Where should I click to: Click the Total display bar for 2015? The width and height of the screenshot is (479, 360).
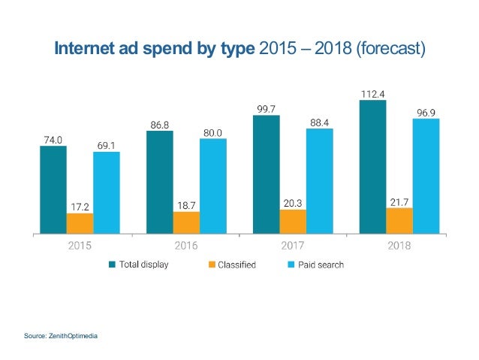tap(53, 189)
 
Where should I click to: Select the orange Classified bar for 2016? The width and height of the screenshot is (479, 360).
tap(186, 222)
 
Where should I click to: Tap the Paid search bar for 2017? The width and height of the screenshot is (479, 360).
tap(319, 180)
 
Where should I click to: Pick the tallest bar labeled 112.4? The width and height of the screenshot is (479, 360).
tap(372, 166)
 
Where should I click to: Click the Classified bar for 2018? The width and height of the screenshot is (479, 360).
tap(399, 220)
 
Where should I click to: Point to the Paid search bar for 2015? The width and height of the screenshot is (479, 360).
tap(107, 192)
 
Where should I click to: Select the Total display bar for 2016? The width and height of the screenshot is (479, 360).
tap(159, 181)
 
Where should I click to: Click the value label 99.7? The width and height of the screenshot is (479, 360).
tap(266, 109)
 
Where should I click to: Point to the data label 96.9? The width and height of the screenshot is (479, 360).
tap(426, 111)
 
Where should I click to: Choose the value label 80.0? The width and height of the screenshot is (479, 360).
tap(212, 132)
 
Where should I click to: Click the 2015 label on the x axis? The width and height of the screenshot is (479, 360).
tap(80, 245)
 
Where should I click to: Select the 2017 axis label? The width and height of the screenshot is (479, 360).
tap(292, 245)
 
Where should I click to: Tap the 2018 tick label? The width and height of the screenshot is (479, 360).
tap(399, 245)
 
